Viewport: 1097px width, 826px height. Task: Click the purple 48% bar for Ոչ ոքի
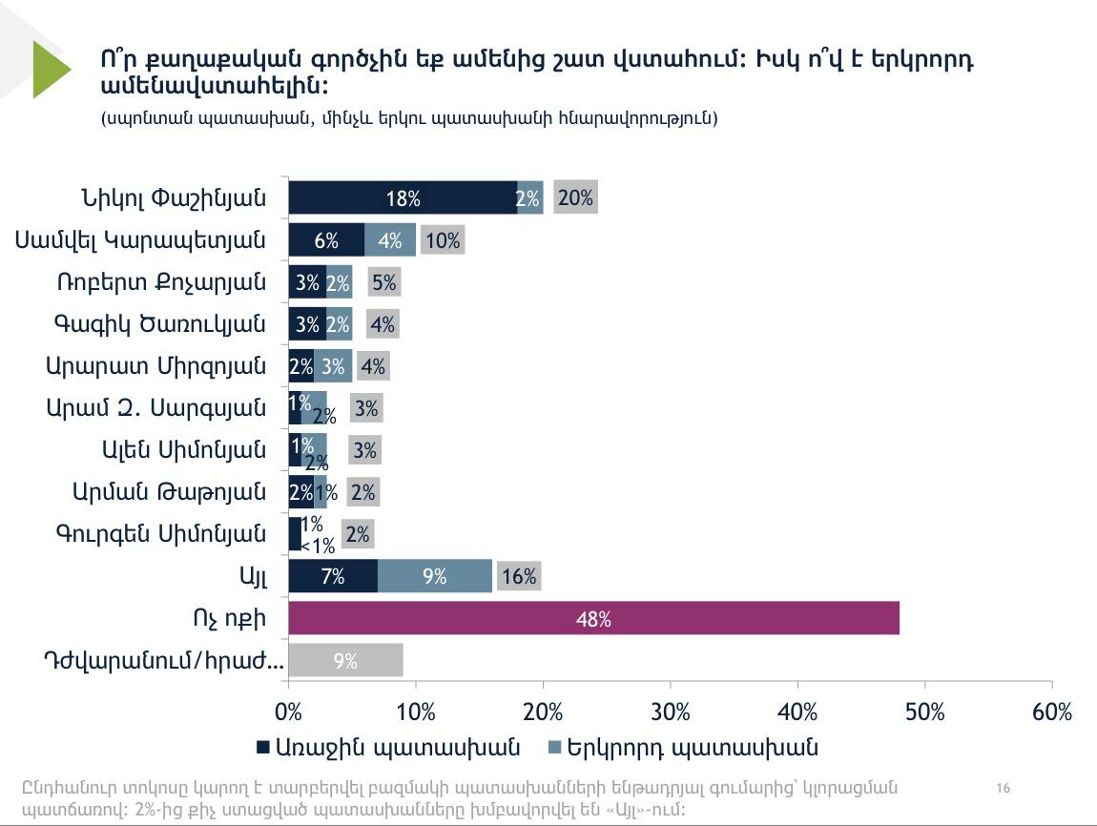(593, 618)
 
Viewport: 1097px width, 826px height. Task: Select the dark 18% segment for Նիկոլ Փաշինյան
(403, 197)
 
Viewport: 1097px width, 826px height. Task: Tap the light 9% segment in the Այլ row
(435, 575)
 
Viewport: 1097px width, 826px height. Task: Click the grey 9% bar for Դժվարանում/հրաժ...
(345, 660)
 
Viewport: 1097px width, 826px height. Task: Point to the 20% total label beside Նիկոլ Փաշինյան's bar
(575, 197)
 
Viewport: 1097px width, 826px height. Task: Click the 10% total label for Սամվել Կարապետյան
(444, 239)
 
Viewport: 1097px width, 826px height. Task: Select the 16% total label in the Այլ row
(519, 575)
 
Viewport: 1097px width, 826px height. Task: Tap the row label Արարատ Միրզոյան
(155, 365)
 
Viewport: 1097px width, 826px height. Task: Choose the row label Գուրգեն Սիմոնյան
(159, 533)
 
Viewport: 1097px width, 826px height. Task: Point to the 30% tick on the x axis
(671, 712)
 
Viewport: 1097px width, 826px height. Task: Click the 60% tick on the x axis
(1051, 712)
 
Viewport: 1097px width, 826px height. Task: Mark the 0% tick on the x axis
(288, 712)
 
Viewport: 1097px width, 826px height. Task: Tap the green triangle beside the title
(51, 69)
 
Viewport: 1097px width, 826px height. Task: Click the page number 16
(1003, 788)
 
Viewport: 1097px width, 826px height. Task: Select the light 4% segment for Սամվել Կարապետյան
(389, 239)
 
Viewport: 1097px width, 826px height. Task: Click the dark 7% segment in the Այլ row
(333, 575)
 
